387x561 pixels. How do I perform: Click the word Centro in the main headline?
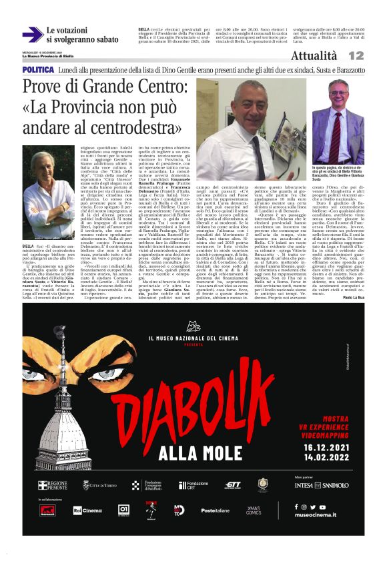pyautogui.click(x=159, y=87)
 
